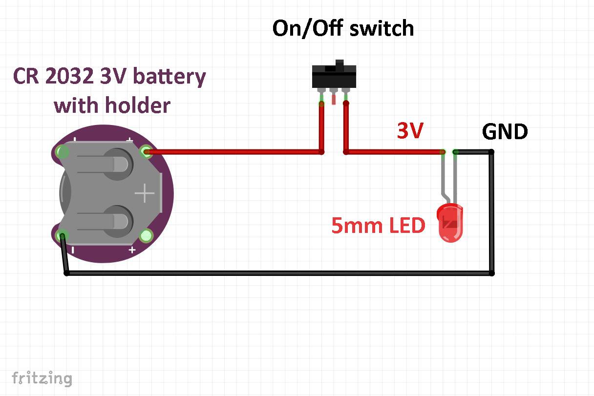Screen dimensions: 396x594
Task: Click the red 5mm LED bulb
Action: [450, 223]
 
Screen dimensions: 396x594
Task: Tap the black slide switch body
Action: [334, 76]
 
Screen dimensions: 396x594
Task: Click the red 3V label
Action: [410, 131]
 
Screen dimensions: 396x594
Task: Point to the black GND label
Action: [505, 132]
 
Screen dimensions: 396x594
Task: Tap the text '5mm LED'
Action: [378, 226]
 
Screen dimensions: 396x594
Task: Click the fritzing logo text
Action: [42, 378]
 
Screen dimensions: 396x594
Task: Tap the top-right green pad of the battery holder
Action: [146, 151]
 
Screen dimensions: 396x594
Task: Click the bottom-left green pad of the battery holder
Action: [62, 237]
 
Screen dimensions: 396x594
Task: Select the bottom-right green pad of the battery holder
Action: [146, 236]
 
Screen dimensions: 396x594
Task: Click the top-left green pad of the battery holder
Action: [62, 152]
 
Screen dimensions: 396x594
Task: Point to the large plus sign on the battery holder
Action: [145, 194]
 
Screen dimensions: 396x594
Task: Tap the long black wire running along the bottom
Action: [278, 273]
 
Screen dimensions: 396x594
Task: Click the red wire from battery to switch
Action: [234, 152]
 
